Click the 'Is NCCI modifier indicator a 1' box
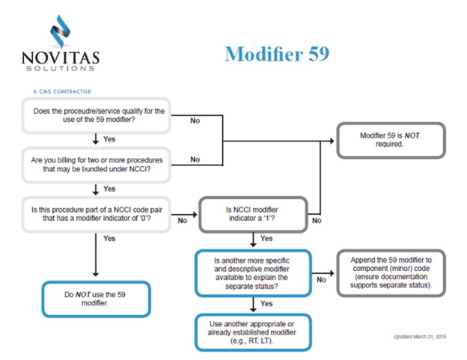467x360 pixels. [252, 214]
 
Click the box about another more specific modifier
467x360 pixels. [252, 271]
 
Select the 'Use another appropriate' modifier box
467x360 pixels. [252, 330]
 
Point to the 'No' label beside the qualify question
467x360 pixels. [195, 120]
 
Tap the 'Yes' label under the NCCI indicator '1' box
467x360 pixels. [265, 239]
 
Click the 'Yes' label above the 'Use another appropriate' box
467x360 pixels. [265, 304]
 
